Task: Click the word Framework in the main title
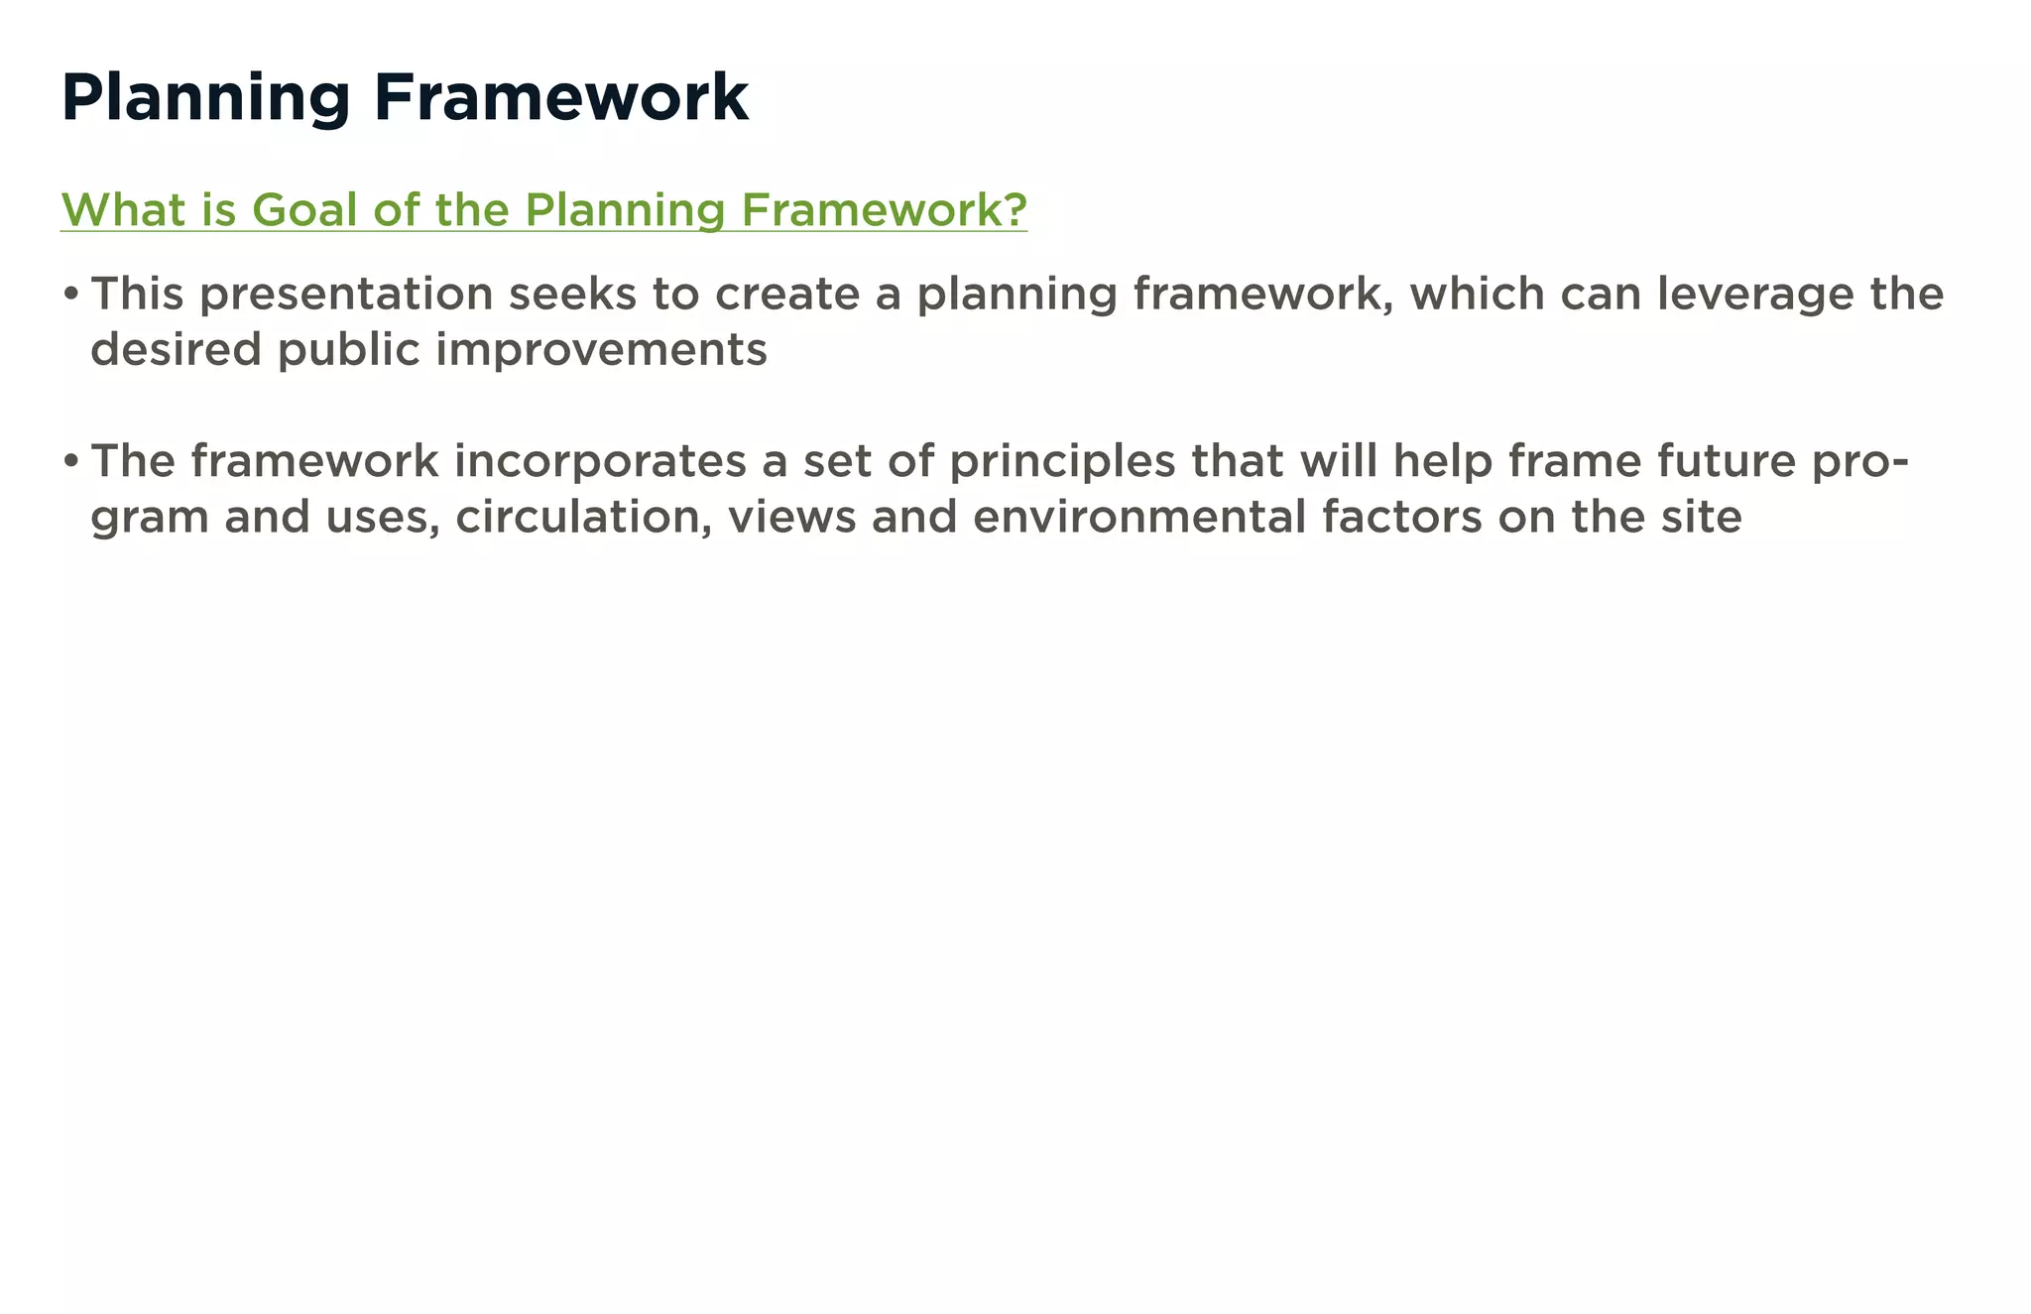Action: pyautogui.click(x=560, y=97)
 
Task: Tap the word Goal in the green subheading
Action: pyautogui.click(x=304, y=210)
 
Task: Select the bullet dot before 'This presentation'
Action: pyautogui.click(x=70, y=295)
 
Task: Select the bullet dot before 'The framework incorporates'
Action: pyautogui.click(x=70, y=462)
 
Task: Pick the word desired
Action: pyautogui.click(x=176, y=349)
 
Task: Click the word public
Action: pyautogui.click(x=349, y=350)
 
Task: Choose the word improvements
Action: pyautogui.click(x=602, y=349)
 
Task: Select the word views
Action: pyautogui.click(x=791, y=517)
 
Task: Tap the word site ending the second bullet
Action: pyautogui.click(x=1707, y=517)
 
